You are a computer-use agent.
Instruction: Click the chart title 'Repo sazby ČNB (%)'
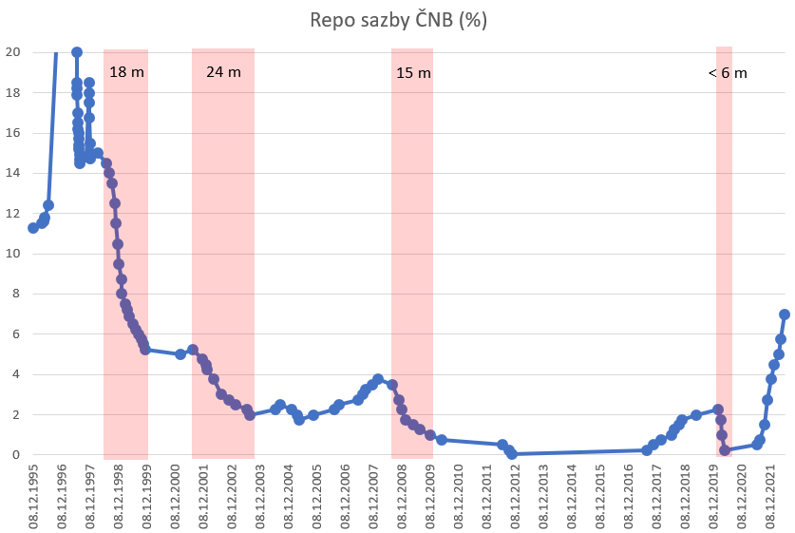[x=398, y=20]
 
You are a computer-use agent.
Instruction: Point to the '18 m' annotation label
[x=126, y=72]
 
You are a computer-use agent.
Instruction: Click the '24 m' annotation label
[x=223, y=72]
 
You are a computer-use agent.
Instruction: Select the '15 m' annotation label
[x=412, y=72]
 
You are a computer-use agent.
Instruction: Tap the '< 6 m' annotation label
[x=728, y=72]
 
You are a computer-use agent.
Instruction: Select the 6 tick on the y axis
[x=13, y=334]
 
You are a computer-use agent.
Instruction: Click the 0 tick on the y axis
[x=13, y=455]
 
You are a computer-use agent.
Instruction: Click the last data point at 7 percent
[x=785, y=314]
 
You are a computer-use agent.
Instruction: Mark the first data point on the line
[x=33, y=228]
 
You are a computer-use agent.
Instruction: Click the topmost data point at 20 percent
[x=77, y=52]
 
